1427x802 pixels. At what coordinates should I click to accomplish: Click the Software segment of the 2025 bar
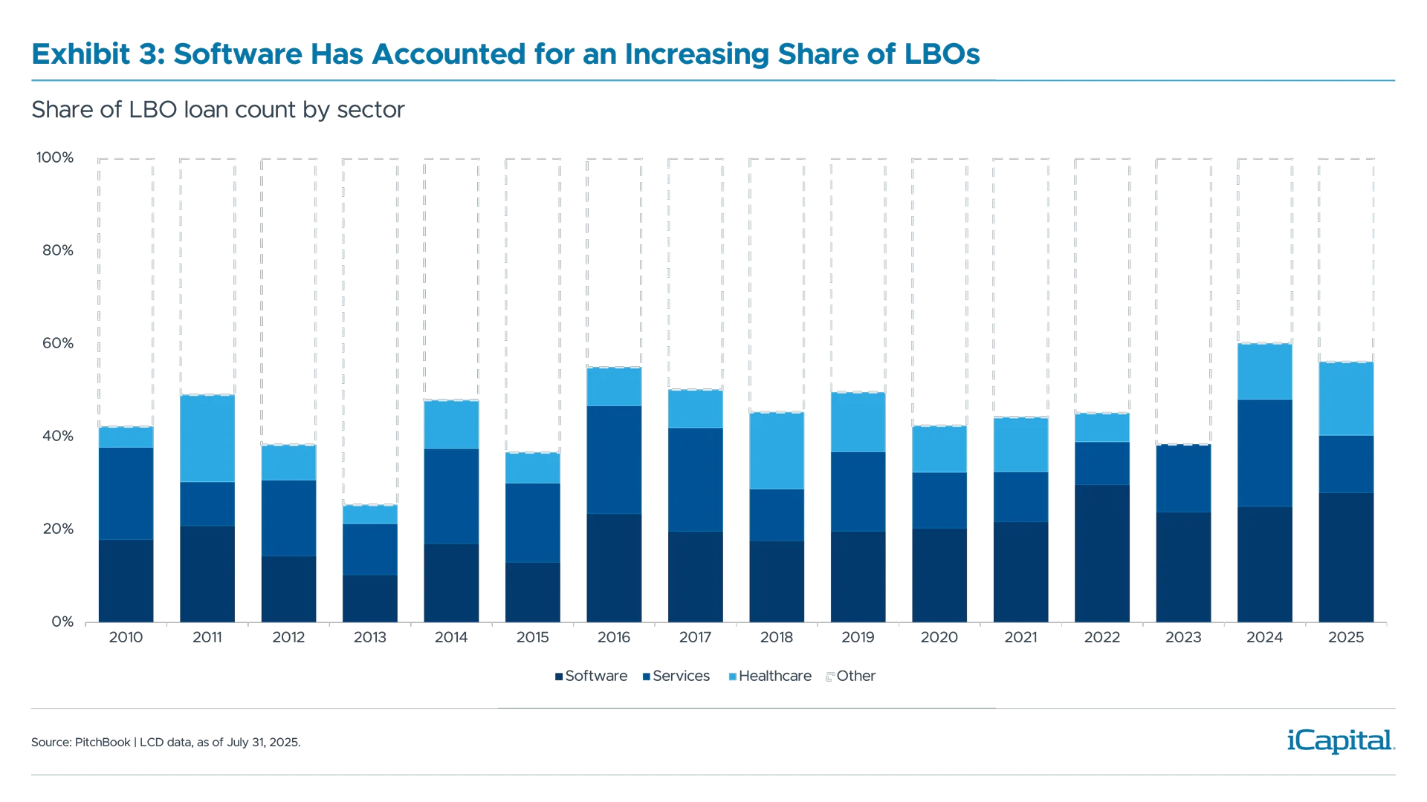click(1346, 557)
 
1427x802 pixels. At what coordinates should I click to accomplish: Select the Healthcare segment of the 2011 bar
click(207, 438)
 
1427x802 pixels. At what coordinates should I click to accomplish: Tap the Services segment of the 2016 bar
click(613, 460)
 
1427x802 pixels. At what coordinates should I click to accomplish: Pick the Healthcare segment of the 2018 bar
click(777, 451)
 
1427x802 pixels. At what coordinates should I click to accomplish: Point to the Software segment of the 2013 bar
click(369, 598)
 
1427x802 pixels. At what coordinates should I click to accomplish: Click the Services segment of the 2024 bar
click(1264, 453)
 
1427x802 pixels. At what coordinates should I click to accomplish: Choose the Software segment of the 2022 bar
click(1101, 553)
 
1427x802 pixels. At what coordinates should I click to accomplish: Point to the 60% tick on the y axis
click(58, 343)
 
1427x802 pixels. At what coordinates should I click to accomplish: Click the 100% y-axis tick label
click(55, 157)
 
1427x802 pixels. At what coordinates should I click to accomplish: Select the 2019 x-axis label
click(858, 637)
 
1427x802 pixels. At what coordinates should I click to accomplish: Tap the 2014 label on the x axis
click(451, 637)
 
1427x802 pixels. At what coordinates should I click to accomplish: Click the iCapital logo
click(1338, 740)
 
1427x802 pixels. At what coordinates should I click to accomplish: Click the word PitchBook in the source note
click(103, 743)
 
